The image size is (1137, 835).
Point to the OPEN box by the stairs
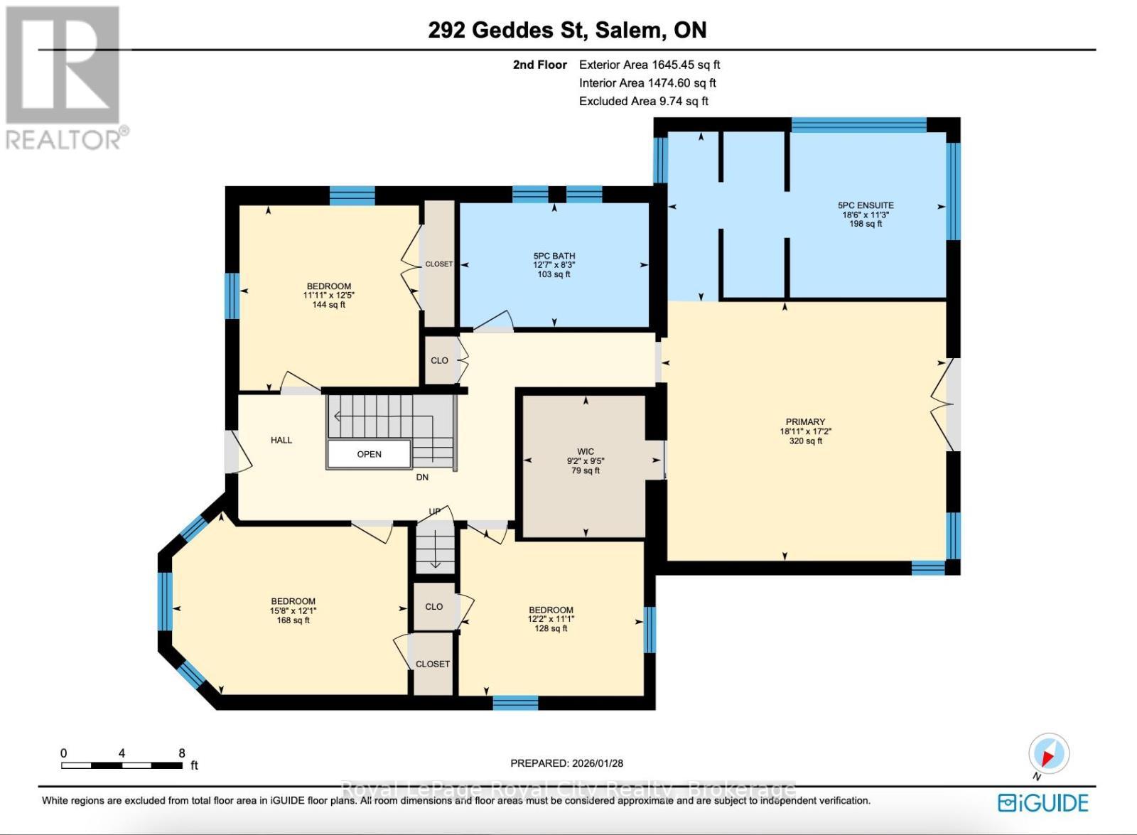point(369,454)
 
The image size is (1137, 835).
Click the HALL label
point(281,440)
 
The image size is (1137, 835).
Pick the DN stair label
point(422,478)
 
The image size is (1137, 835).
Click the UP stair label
point(434,511)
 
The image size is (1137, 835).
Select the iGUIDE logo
point(1042,803)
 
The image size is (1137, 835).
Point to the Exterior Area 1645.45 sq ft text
point(649,65)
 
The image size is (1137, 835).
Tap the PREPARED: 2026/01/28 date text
point(566,763)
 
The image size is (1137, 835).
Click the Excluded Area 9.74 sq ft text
point(643,101)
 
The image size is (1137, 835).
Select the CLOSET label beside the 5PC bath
point(438,264)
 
